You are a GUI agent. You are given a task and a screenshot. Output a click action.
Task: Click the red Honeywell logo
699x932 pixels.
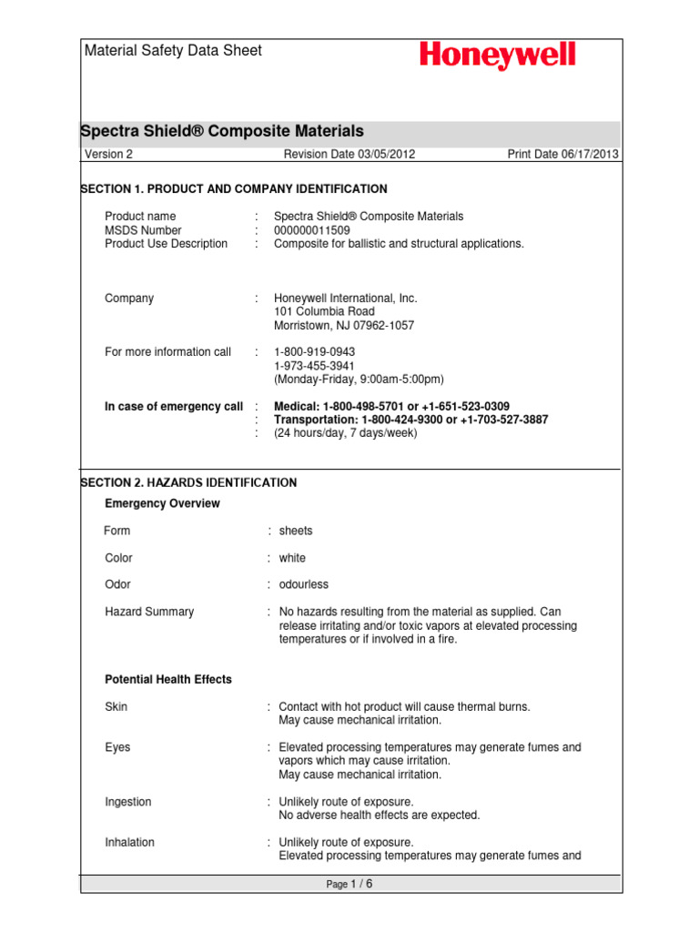tap(497, 56)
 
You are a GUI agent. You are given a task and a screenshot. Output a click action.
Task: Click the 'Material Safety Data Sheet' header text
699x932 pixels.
tap(173, 51)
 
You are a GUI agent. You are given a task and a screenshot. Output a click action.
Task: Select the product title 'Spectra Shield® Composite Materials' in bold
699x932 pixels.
tap(223, 132)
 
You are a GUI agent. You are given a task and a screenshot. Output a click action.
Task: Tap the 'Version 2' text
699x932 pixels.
tap(108, 155)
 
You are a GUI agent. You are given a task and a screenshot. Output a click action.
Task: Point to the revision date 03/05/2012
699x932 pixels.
tap(349, 155)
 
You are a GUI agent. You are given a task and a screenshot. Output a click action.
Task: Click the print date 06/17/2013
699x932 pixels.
tap(563, 155)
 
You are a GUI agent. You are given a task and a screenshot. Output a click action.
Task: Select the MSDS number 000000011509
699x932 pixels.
tap(311, 230)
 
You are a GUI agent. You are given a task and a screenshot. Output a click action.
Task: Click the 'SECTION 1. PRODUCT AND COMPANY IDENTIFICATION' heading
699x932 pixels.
tap(235, 189)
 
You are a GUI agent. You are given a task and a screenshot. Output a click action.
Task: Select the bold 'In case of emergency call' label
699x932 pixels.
tap(174, 406)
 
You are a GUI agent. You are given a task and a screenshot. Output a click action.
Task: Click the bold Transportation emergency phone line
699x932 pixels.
tap(411, 420)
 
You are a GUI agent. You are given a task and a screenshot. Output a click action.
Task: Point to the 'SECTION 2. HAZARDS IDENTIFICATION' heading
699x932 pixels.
tap(189, 482)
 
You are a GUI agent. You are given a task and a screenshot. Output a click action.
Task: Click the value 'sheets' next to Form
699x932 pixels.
tap(296, 531)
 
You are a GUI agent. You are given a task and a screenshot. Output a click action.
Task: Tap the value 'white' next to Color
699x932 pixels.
tap(292, 558)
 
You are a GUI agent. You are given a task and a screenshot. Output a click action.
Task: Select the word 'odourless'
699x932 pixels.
tap(304, 584)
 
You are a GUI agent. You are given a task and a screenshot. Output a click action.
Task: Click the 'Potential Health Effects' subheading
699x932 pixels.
tap(168, 680)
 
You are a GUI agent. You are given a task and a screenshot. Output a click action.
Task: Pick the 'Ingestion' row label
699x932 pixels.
tap(128, 802)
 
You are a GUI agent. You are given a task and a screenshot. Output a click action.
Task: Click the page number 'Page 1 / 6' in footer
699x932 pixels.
tap(349, 884)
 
